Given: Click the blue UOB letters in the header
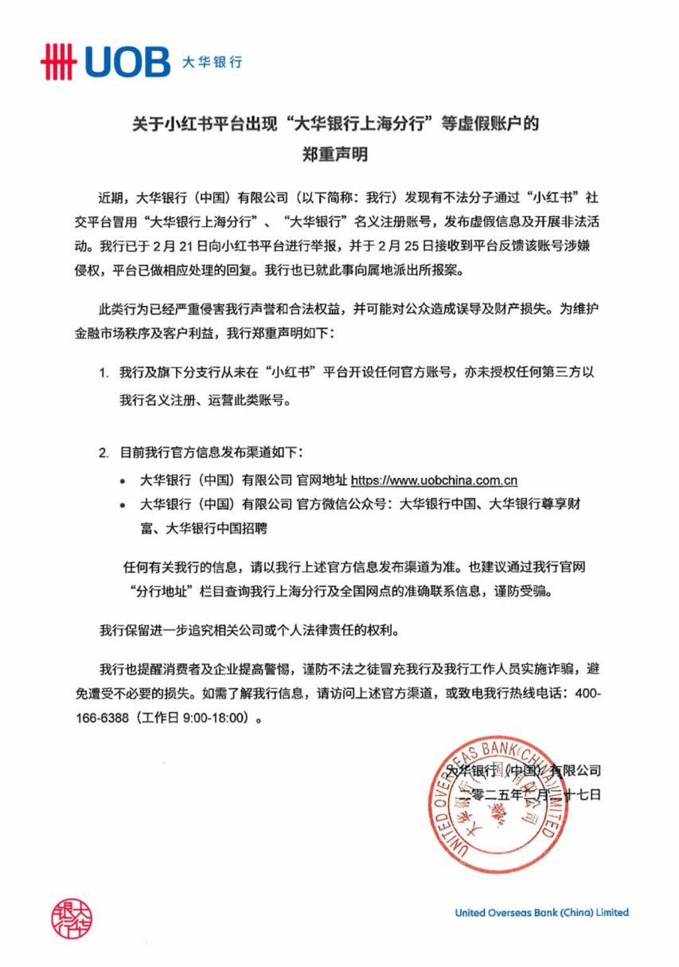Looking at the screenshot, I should (x=127, y=62).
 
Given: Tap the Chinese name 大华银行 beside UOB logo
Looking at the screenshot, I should (x=212, y=62).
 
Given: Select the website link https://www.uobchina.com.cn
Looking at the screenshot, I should (x=435, y=481).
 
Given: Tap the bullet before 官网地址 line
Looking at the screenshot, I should (x=122, y=482).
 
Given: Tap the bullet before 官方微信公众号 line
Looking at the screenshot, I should (x=122, y=504).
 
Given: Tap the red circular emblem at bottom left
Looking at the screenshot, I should (x=72, y=918).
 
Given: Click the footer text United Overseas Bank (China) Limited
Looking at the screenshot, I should (x=541, y=913).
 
